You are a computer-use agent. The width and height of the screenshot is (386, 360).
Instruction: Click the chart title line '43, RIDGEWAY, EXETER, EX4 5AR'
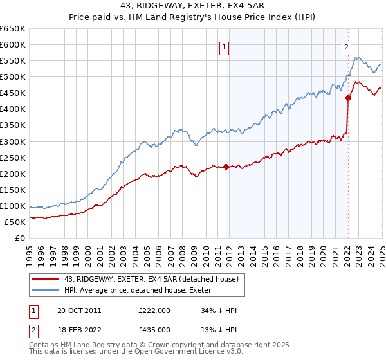(x=194, y=6)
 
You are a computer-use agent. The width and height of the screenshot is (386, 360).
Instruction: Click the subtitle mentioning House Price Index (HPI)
(x=194, y=18)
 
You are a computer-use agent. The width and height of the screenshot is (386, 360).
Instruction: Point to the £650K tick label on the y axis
(x=13, y=29)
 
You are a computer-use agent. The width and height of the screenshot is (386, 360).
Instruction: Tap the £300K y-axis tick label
(x=13, y=141)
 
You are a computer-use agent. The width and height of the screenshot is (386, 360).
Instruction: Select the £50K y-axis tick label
(x=15, y=222)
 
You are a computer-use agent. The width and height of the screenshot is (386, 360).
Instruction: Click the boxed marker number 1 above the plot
(x=225, y=46)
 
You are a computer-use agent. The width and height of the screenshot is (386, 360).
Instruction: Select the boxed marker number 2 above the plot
(x=346, y=46)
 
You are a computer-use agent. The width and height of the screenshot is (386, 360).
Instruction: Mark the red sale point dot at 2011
(x=226, y=166)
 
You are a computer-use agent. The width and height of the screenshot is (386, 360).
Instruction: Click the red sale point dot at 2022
(x=348, y=98)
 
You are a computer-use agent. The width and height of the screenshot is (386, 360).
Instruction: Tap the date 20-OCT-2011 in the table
(x=78, y=310)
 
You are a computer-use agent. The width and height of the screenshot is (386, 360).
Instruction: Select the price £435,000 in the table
(x=154, y=330)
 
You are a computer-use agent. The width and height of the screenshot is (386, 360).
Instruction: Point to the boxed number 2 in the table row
(x=33, y=330)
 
